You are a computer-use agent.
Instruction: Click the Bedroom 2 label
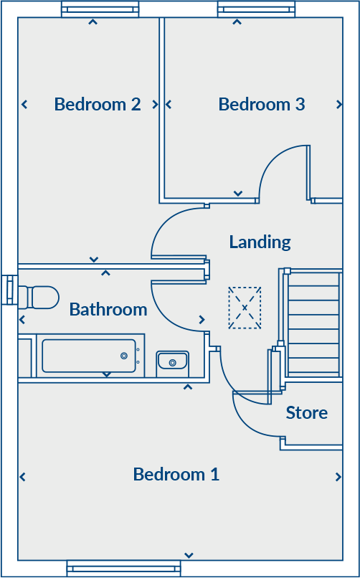pos(98,105)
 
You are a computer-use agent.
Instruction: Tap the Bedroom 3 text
pos(262,105)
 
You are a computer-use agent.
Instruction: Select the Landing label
pos(260,242)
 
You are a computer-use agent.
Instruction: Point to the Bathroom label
pos(108,310)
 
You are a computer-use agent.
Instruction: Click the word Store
pos(307,413)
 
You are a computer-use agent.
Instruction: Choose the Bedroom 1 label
pos(176,475)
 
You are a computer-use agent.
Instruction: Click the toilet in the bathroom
pos(39,297)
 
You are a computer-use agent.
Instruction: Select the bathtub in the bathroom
pos(88,356)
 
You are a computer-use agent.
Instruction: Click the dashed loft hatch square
pos(245,308)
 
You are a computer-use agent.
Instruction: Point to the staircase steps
pos(313,323)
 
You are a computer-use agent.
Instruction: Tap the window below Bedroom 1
pos(123,569)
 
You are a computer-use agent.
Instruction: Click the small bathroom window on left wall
pos(9,289)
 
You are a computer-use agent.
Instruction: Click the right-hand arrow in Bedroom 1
pos(338,477)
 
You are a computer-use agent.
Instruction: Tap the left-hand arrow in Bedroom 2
pos(24,105)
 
